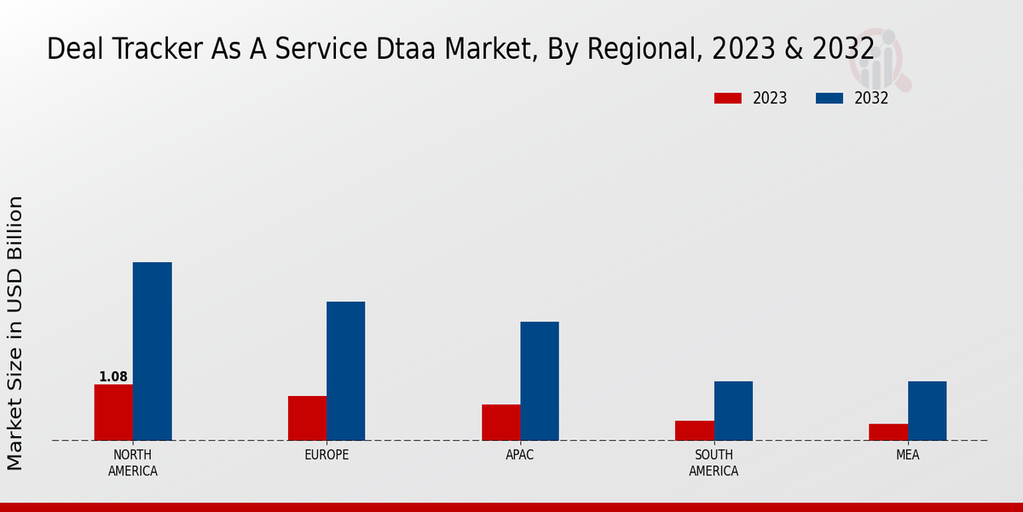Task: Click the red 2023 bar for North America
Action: coord(113,412)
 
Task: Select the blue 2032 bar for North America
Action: coord(152,351)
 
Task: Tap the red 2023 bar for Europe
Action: coord(307,418)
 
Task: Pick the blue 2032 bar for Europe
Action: coord(345,370)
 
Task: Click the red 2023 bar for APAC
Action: coord(500,422)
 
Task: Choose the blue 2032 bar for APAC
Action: coord(540,381)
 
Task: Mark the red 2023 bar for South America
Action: coord(694,430)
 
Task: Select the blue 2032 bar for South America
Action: coord(733,410)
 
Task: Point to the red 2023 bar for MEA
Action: coord(888,432)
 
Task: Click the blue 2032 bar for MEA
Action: coord(927,410)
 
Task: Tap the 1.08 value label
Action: coord(113,376)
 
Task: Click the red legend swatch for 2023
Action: coord(728,98)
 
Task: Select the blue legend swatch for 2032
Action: coord(829,98)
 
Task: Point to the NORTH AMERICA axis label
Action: coord(133,463)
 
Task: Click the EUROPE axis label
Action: coord(327,455)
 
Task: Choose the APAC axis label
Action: coord(520,455)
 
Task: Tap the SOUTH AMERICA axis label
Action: coord(714,463)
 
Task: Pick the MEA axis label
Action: coord(907,455)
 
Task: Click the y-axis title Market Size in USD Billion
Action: coord(15,333)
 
